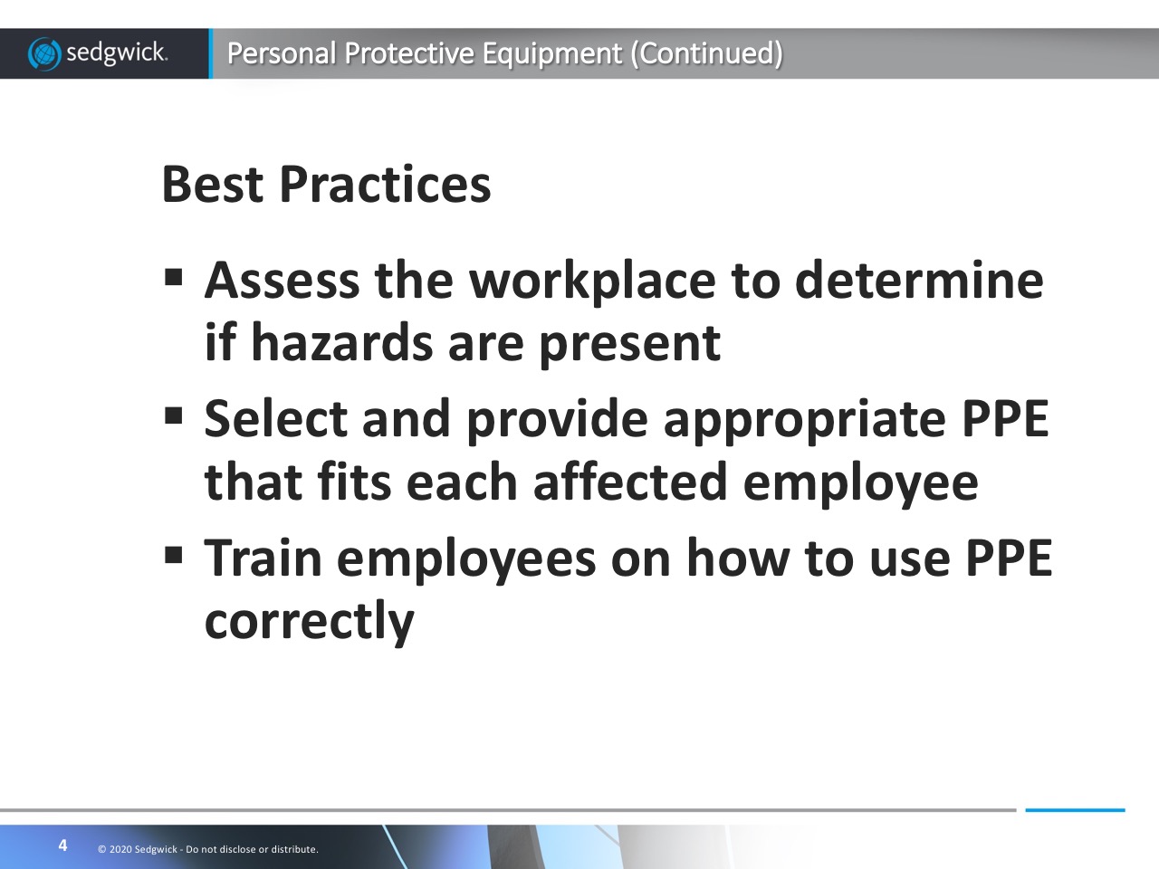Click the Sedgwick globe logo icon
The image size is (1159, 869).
coord(44,53)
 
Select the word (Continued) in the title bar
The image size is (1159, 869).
coord(706,53)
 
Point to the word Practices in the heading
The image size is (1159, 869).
coord(385,184)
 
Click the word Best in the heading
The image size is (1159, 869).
coord(212,184)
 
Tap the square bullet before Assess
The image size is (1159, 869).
coord(173,276)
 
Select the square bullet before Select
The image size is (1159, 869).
coord(173,415)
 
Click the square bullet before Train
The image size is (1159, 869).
coord(173,555)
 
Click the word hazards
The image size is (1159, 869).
coord(342,343)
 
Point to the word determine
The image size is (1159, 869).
coord(919,281)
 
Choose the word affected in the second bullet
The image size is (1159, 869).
coord(630,482)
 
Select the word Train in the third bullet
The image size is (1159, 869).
coord(263,558)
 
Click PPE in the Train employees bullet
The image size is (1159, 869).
coord(1009,558)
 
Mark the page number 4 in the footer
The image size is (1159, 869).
coord(62,845)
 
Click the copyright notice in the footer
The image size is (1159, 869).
coord(208,849)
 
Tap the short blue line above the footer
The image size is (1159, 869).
coord(1075,810)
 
